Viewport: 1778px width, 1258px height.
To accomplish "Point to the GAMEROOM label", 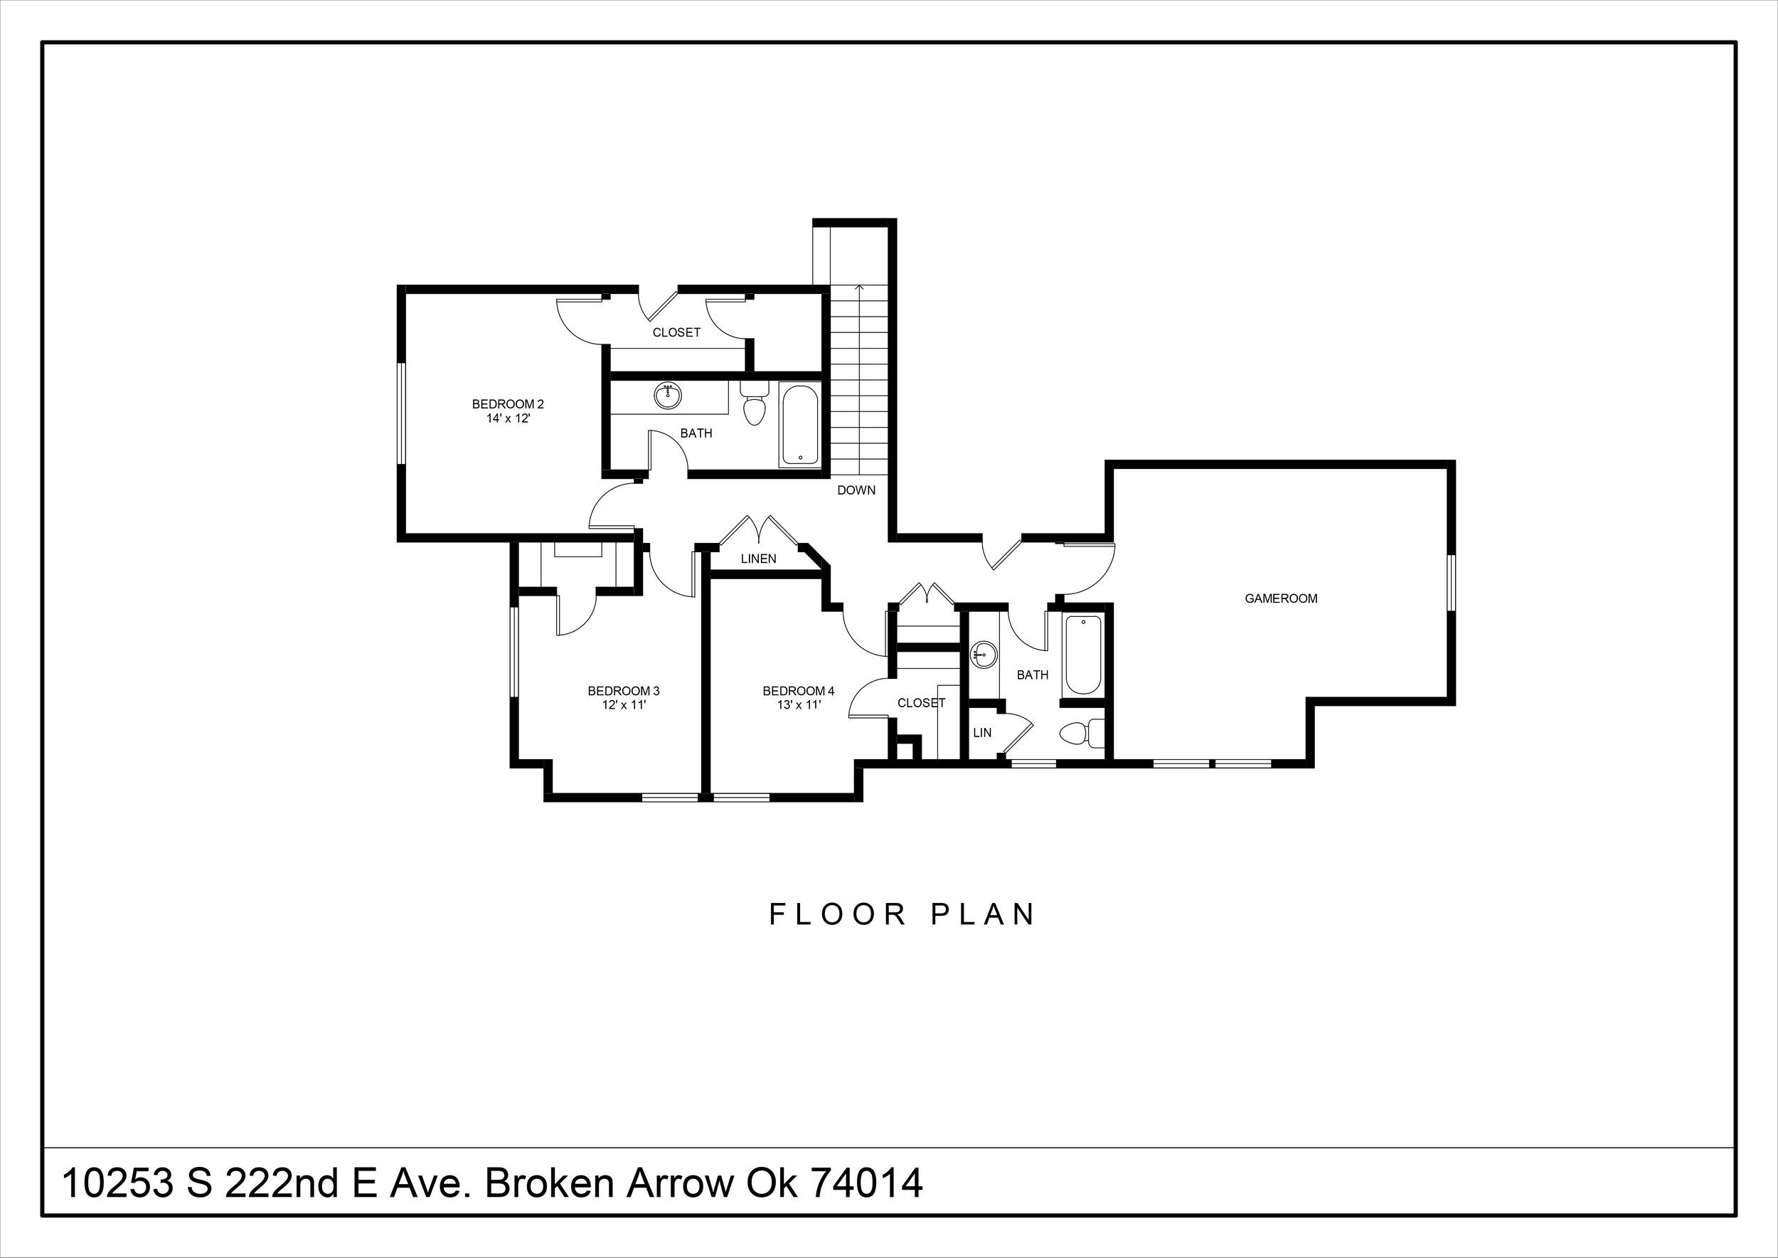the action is (x=1281, y=598).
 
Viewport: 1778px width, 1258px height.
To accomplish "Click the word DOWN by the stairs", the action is (x=856, y=490).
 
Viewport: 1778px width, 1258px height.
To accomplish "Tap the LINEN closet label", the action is (x=758, y=559).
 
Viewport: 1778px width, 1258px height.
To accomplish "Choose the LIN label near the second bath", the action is (x=982, y=732).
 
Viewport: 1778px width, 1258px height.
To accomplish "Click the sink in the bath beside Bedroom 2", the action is (x=668, y=396).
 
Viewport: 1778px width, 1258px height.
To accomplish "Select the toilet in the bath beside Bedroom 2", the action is (x=753, y=402).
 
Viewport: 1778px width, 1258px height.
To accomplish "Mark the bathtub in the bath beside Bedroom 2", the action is (x=800, y=426).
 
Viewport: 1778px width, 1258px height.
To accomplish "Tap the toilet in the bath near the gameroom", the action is (x=1082, y=734).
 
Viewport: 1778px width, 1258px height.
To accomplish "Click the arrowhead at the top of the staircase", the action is (x=859, y=287).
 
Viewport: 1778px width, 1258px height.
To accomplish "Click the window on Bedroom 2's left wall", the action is (x=402, y=413).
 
